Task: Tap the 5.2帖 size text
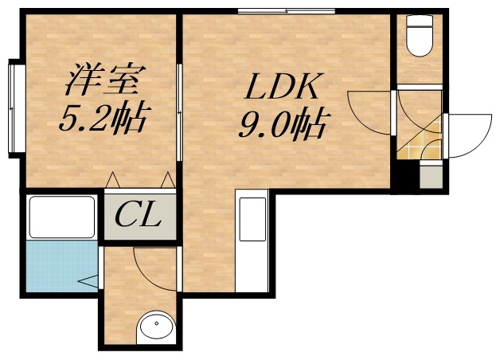pos(103,120)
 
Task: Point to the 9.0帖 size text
pos(286,124)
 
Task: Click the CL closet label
pos(139,214)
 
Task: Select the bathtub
pos(61,217)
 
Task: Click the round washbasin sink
pos(156,327)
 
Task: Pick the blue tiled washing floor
pos(60,268)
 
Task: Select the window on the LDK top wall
pos(275,10)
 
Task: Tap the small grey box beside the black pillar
pos(430,176)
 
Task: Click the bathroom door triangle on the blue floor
pos(88,280)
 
